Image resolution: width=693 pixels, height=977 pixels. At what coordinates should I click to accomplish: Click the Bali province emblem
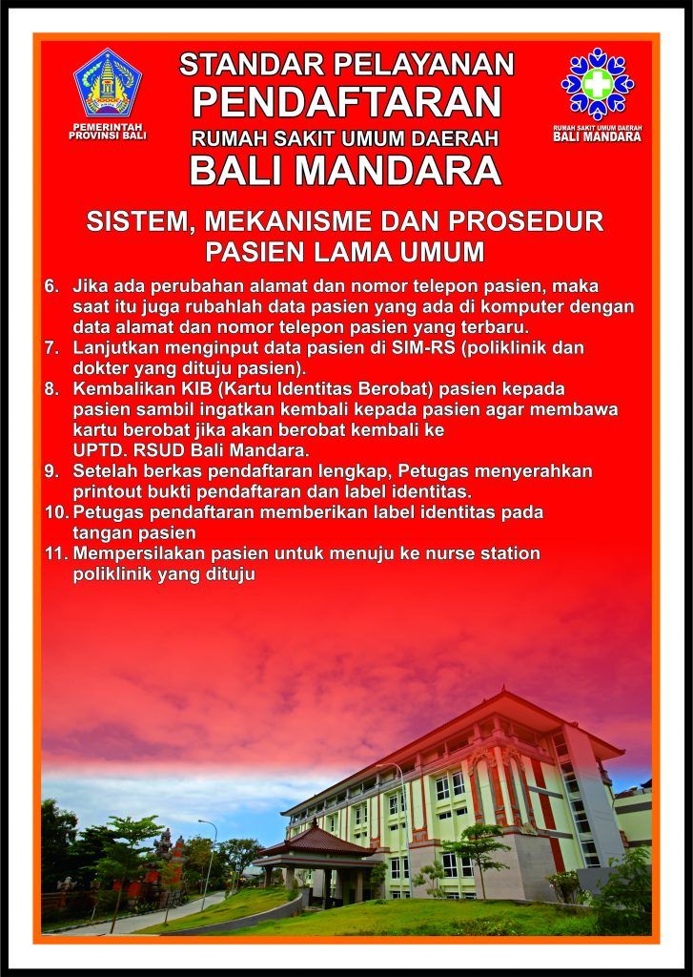point(108,83)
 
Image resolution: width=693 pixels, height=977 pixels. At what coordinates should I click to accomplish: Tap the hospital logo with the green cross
point(597,84)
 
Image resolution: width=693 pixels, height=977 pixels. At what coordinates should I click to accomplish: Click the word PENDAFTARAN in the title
point(347,101)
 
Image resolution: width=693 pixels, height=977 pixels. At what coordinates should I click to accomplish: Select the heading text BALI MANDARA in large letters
point(346,170)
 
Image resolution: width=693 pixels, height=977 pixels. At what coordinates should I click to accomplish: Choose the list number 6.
point(51,286)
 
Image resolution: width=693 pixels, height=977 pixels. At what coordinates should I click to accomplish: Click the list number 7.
point(51,347)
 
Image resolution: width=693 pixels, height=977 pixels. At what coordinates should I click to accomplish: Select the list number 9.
point(51,471)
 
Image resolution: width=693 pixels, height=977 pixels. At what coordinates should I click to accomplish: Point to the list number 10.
point(56,512)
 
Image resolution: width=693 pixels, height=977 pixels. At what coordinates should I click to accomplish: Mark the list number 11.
point(56,553)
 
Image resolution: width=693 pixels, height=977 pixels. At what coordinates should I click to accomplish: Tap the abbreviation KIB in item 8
point(198,389)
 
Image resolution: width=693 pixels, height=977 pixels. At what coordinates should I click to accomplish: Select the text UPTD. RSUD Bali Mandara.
point(192,450)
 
